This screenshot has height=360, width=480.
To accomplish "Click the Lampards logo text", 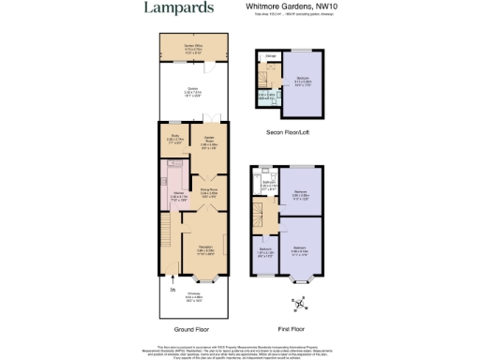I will coord(177,8).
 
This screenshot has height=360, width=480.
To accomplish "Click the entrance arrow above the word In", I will coord(172,279).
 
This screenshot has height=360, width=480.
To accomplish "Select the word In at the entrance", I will coord(172,291).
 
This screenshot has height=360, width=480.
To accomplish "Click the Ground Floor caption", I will coord(191,330).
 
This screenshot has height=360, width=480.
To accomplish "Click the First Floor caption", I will coord(292,330).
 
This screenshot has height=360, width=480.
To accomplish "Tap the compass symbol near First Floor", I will coord(297,303).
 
